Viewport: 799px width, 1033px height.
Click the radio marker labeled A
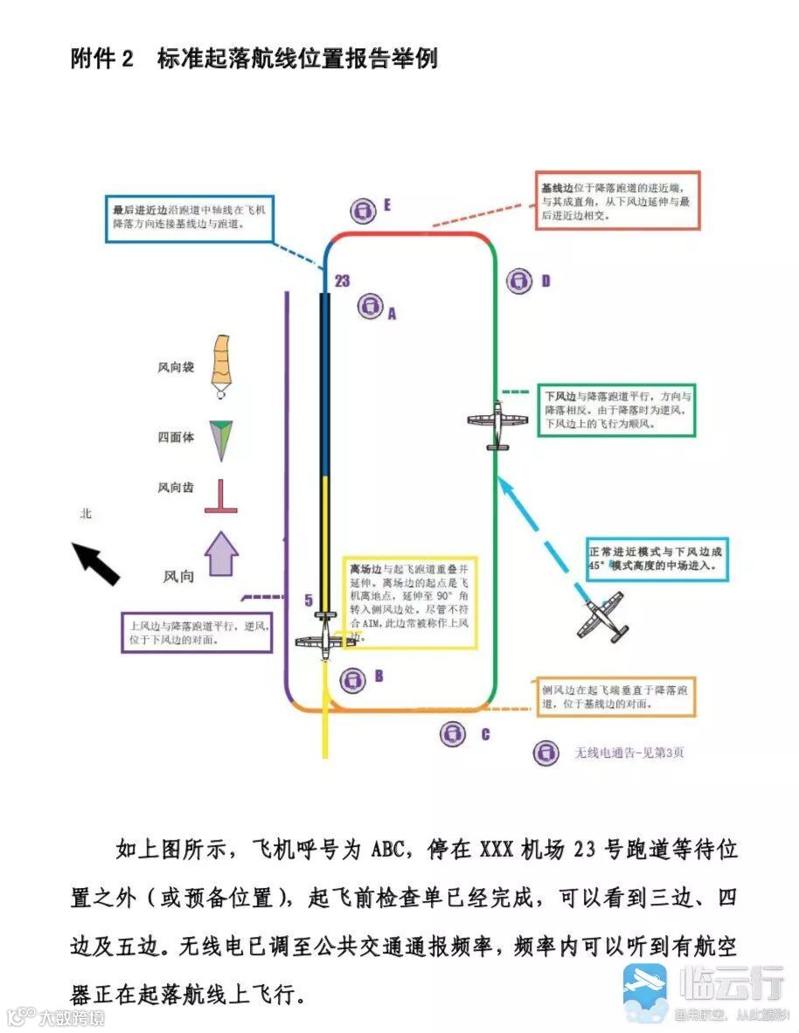click(x=371, y=306)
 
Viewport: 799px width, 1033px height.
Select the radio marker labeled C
click(x=451, y=734)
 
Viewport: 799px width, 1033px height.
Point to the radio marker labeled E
click(x=362, y=210)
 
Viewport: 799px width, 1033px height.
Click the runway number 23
click(x=342, y=281)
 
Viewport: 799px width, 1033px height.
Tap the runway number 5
click(x=308, y=600)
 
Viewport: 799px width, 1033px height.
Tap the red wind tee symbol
click(x=221, y=497)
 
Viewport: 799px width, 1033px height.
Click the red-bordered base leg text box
click(x=617, y=200)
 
